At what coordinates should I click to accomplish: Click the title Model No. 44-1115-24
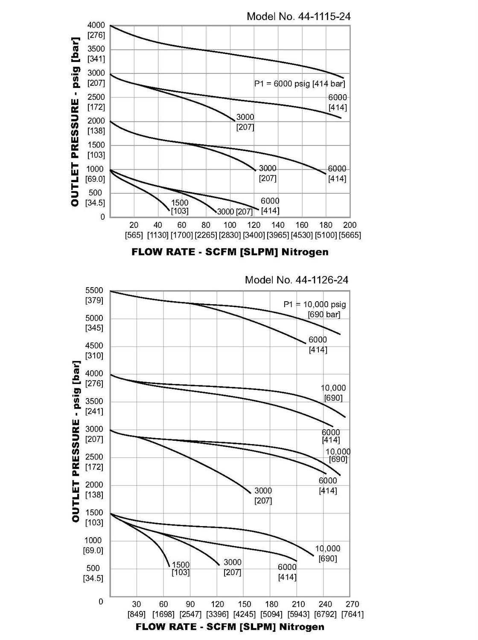click(299, 17)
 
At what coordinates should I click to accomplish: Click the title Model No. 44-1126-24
click(297, 280)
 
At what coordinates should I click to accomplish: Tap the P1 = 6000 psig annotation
click(300, 84)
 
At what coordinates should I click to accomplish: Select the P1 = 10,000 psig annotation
click(315, 305)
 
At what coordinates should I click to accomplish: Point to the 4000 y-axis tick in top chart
click(96, 25)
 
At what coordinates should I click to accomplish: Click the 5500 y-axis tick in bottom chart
click(94, 291)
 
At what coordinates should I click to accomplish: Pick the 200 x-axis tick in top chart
click(350, 225)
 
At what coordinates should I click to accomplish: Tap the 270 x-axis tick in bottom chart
click(353, 604)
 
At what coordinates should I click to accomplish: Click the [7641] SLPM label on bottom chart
click(353, 614)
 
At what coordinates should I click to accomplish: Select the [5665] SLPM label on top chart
click(350, 235)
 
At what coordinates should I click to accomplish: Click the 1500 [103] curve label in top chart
click(180, 207)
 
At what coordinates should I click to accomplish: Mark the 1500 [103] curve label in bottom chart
click(181, 568)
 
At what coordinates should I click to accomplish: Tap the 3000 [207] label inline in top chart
click(235, 212)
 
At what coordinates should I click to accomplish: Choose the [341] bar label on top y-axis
click(96, 59)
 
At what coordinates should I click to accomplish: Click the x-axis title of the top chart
click(230, 252)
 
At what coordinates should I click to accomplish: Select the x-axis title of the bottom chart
click(230, 627)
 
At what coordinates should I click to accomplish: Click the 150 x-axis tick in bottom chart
click(245, 604)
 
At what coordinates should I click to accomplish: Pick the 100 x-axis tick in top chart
click(230, 225)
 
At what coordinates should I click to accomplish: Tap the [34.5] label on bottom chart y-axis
click(94, 579)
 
